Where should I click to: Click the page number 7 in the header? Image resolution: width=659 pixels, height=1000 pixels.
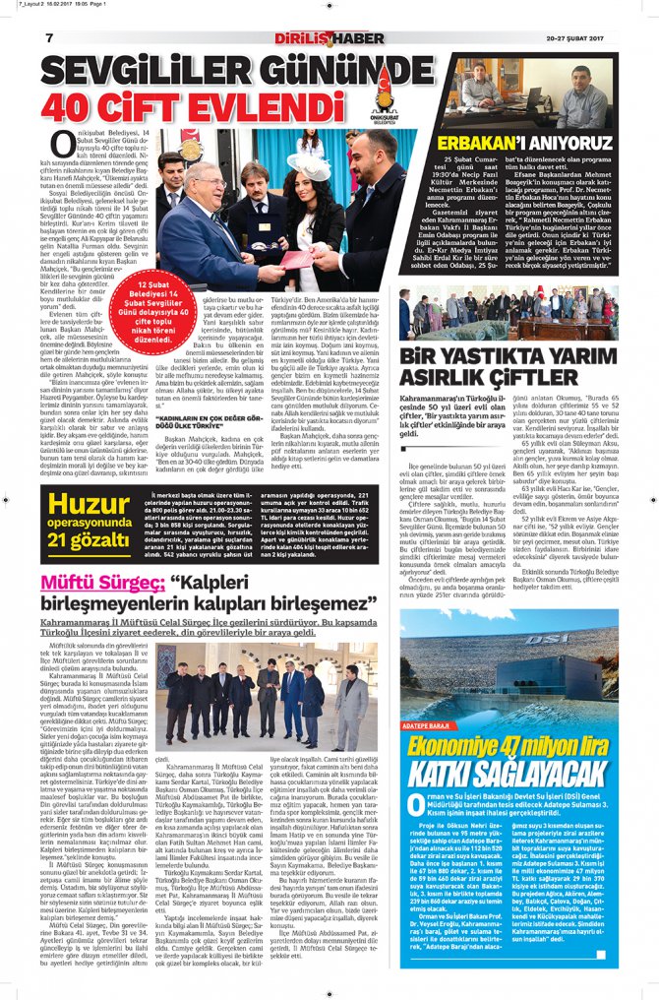(x=48, y=38)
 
